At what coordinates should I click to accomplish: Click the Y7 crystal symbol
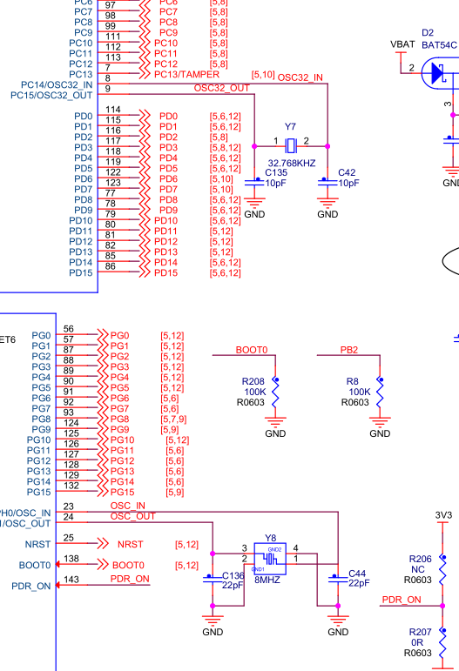(x=290, y=144)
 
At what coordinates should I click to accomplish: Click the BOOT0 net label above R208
(x=252, y=350)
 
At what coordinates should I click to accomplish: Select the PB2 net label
(x=349, y=350)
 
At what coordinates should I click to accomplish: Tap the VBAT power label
(x=402, y=44)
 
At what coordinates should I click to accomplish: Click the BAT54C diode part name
(x=440, y=43)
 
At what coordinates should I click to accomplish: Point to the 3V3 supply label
(x=443, y=515)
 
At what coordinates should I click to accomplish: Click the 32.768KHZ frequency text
(x=291, y=163)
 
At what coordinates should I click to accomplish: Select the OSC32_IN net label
(x=300, y=77)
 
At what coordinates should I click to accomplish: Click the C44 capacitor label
(x=357, y=573)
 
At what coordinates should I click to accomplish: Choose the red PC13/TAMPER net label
(x=186, y=75)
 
